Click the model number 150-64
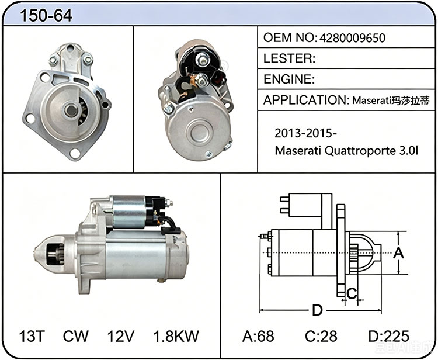coord(46,15)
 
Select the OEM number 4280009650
coord(352,38)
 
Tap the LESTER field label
coord(290,58)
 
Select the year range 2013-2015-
coord(305,133)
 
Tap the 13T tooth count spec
coord(32,336)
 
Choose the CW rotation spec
coord(76,336)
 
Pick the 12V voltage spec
coord(121,336)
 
